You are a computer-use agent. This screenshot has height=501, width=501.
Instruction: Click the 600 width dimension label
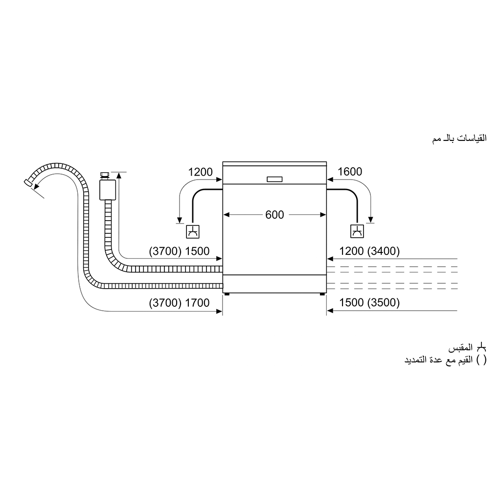(274, 215)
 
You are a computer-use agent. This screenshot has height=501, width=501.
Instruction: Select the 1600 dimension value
(350, 172)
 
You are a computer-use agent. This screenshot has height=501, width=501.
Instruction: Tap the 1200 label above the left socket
(200, 172)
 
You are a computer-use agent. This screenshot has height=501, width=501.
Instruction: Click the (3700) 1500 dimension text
(179, 251)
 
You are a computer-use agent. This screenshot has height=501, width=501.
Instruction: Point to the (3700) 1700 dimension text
(179, 302)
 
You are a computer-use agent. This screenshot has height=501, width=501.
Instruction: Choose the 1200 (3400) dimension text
(369, 251)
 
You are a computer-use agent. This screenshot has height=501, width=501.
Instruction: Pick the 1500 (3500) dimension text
(369, 302)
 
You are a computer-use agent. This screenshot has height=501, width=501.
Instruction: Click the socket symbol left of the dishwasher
(193, 231)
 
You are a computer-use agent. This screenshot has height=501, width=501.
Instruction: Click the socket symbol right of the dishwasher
(357, 231)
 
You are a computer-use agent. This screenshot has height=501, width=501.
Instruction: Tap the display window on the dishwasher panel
(274, 179)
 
